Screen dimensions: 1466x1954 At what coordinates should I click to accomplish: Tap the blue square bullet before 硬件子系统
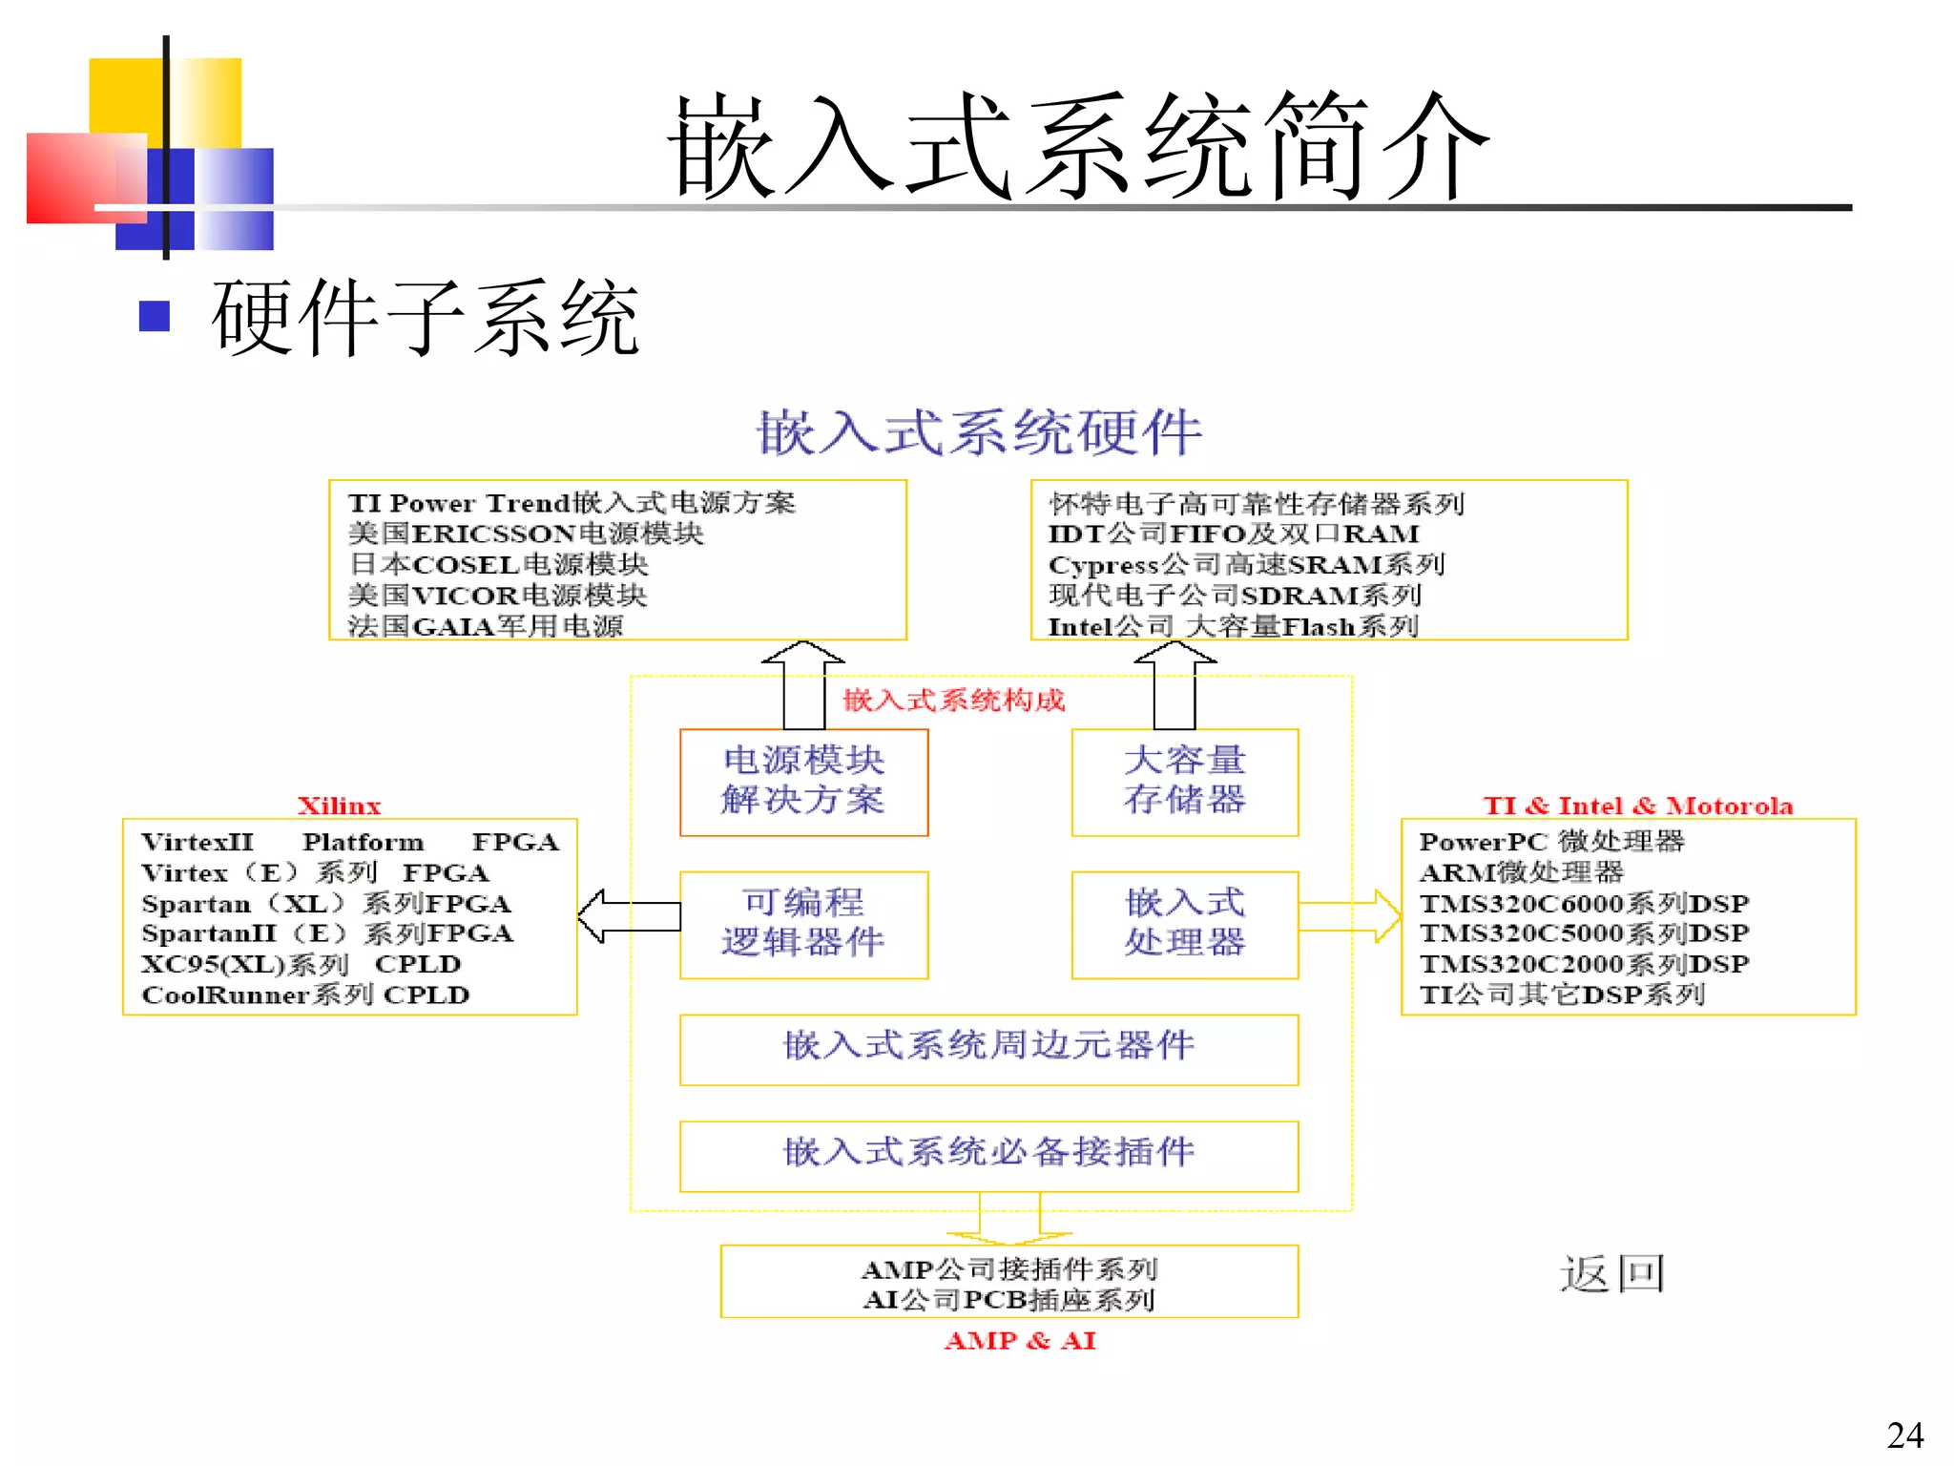click(x=154, y=316)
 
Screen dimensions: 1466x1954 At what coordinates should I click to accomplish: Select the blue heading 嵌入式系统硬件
click(x=979, y=432)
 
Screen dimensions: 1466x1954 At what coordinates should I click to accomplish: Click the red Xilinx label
click(x=339, y=806)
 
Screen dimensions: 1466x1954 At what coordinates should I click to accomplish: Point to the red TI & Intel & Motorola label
click(x=1637, y=806)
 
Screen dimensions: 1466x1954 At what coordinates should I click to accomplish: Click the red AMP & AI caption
click(x=1020, y=1341)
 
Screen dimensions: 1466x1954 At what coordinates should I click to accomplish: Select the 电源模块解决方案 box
click(x=803, y=782)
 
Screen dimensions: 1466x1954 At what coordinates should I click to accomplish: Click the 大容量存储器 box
click(x=1184, y=782)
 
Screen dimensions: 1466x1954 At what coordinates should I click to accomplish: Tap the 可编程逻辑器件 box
click(x=803, y=924)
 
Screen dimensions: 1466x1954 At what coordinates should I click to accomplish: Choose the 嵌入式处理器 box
click(x=1184, y=924)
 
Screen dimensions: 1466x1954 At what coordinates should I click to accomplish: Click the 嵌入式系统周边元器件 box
click(x=988, y=1048)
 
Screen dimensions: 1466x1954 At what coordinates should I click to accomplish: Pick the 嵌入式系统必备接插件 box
click(x=988, y=1155)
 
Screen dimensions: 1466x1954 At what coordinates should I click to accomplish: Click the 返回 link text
click(x=1611, y=1274)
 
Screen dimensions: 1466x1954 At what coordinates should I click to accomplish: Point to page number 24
click(x=1904, y=1435)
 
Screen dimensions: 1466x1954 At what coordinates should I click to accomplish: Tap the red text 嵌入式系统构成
click(x=953, y=701)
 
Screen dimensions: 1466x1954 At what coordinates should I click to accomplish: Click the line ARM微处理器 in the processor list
click(x=1521, y=872)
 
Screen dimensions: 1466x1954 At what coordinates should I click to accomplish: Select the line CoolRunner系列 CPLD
click(x=305, y=995)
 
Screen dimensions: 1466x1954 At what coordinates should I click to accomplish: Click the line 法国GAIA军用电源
click(x=485, y=626)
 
